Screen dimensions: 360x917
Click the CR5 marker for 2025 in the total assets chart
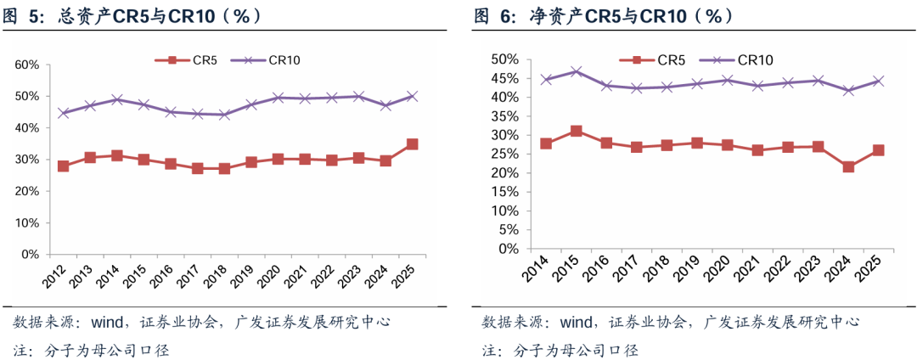coord(412,144)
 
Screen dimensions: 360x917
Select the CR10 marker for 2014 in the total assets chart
coord(118,99)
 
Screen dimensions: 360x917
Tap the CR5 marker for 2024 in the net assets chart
coord(847,166)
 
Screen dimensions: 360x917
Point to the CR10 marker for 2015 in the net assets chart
coord(577,71)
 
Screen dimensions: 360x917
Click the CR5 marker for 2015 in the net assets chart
coord(577,132)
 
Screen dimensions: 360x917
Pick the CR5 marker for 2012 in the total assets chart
coord(63,166)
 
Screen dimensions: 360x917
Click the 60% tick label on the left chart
coord(28,65)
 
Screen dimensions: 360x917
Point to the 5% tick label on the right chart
coord(508,230)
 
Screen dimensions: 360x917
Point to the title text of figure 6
coord(604,15)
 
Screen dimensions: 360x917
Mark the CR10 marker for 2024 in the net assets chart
coord(847,90)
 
